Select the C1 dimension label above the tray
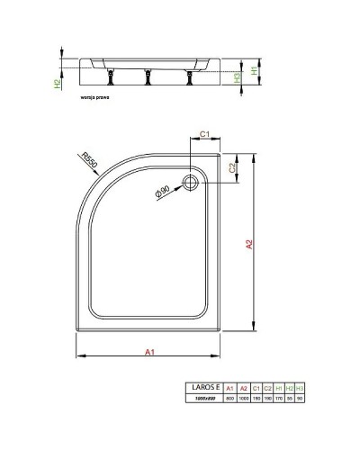[204, 134]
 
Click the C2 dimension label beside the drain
[232, 167]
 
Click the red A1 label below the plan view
[149, 354]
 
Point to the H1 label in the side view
[255, 70]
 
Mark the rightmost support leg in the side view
[188, 78]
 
